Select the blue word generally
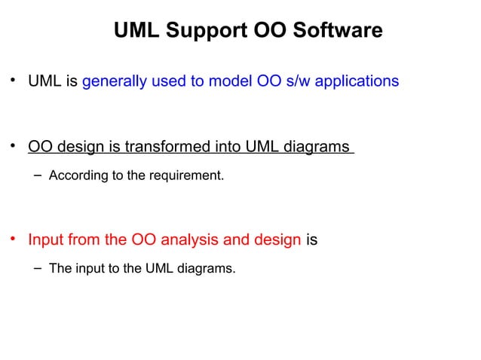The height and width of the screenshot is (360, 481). coord(112,80)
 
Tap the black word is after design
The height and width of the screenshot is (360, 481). coord(311,241)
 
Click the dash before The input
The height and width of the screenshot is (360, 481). coord(38,267)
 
